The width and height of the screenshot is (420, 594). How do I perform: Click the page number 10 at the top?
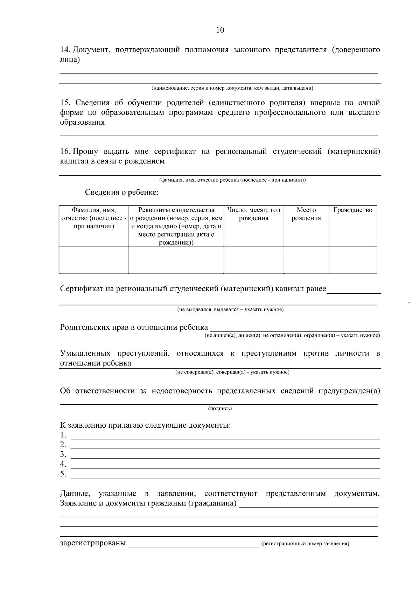point(220,30)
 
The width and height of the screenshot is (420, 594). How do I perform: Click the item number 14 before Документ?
point(65,50)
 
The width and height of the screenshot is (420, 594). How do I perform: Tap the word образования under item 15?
point(82,123)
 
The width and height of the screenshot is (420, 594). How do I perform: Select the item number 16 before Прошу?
point(65,152)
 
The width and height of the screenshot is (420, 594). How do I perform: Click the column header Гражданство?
point(353,210)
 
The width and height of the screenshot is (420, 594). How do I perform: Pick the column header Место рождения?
point(306,214)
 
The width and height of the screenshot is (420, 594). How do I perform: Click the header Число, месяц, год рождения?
point(254,214)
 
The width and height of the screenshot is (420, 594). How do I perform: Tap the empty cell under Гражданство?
point(353,260)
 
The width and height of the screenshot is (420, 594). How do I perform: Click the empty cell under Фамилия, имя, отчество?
point(94,260)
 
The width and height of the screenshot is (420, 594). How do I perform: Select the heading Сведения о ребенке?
point(122,193)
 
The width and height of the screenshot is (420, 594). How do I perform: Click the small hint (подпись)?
point(220,408)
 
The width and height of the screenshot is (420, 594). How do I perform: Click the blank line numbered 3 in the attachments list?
point(225,455)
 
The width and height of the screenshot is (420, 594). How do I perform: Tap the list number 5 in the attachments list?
point(63,474)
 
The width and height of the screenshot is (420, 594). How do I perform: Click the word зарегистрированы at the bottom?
point(93,543)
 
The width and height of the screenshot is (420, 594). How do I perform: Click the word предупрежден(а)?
point(349,391)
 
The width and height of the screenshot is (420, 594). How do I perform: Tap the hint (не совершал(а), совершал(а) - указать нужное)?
point(232,372)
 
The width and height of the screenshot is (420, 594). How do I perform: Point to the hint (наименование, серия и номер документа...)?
point(232,88)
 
